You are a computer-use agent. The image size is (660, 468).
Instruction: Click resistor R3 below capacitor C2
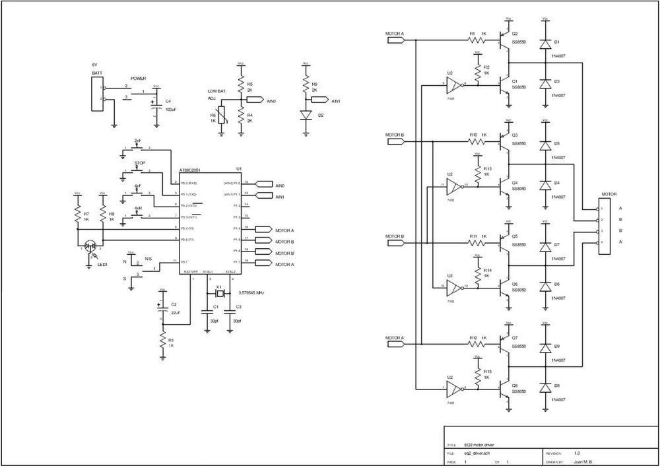(x=161, y=340)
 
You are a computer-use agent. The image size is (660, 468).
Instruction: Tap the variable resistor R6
(x=222, y=116)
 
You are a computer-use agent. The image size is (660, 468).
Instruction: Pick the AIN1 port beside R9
(x=319, y=100)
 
